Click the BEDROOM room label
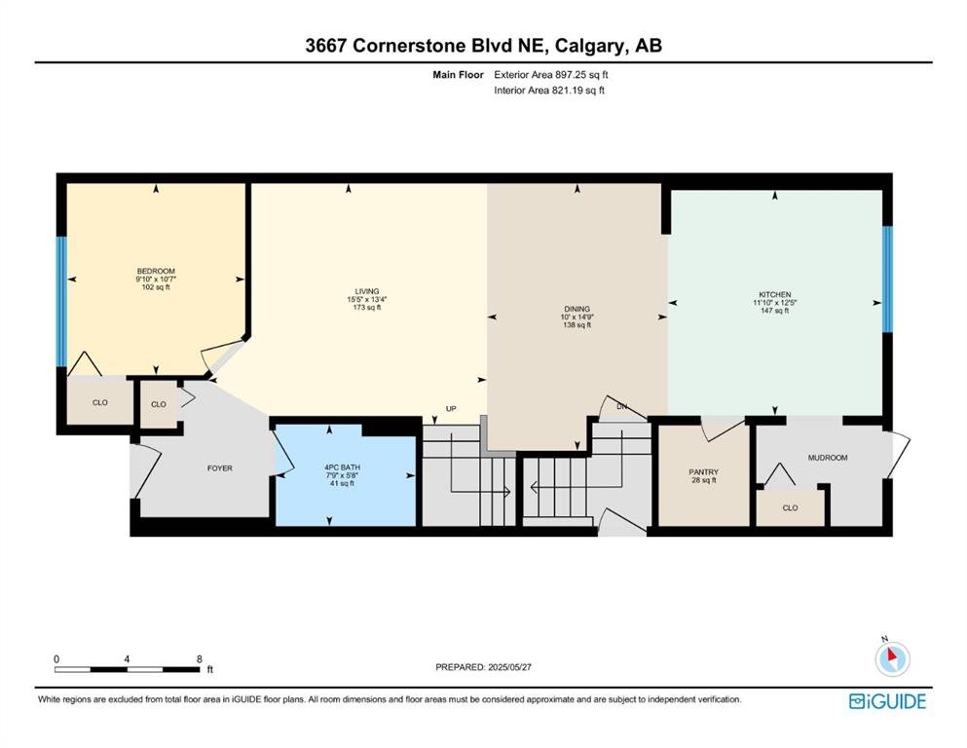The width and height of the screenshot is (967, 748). pyautogui.click(x=156, y=272)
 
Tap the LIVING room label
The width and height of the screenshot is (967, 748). pyautogui.click(x=367, y=291)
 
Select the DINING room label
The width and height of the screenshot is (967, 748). pyautogui.click(x=577, y=309)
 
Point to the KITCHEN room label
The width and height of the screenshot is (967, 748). pyautogui.click(x=774, y=295)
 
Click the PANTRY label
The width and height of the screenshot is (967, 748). pyautogui.click(x=704, y=472)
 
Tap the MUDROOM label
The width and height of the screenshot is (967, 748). pyautogui.click(x=828, y=458)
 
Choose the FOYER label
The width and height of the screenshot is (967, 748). pyautogui.click(x=219, y=468)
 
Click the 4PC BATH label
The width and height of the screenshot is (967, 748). pyautogui.click(x=342, y=467)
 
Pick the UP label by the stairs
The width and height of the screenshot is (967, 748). pyautogui.click(x=451, y=409)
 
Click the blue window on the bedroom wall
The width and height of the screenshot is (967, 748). pyautogui.click(x=61, y=302)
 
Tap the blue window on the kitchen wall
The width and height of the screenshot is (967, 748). pyautogui.click(x=887, y=280)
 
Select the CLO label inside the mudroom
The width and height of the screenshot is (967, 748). pyautogui.click(x=790, y=508)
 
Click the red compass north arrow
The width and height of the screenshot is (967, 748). pyautogui.click(x=891, y=656)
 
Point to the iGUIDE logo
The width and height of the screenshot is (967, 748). pyautogui.click(x=887, y=702)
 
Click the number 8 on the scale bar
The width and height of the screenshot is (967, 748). pyautogui.click(x=200, y=659)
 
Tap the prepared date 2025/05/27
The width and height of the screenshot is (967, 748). pyautogui.click(x=509, y=667)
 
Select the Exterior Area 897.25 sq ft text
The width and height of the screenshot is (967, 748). pyautogui.click(x=551, y=75)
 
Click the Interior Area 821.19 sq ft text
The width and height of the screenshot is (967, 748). pyautogui.click(x=549, y=91)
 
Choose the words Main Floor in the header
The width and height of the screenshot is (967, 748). pyautogui.click(x=459, y=75)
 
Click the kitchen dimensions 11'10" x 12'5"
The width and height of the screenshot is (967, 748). pyautogui.click(x=774, y=303)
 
